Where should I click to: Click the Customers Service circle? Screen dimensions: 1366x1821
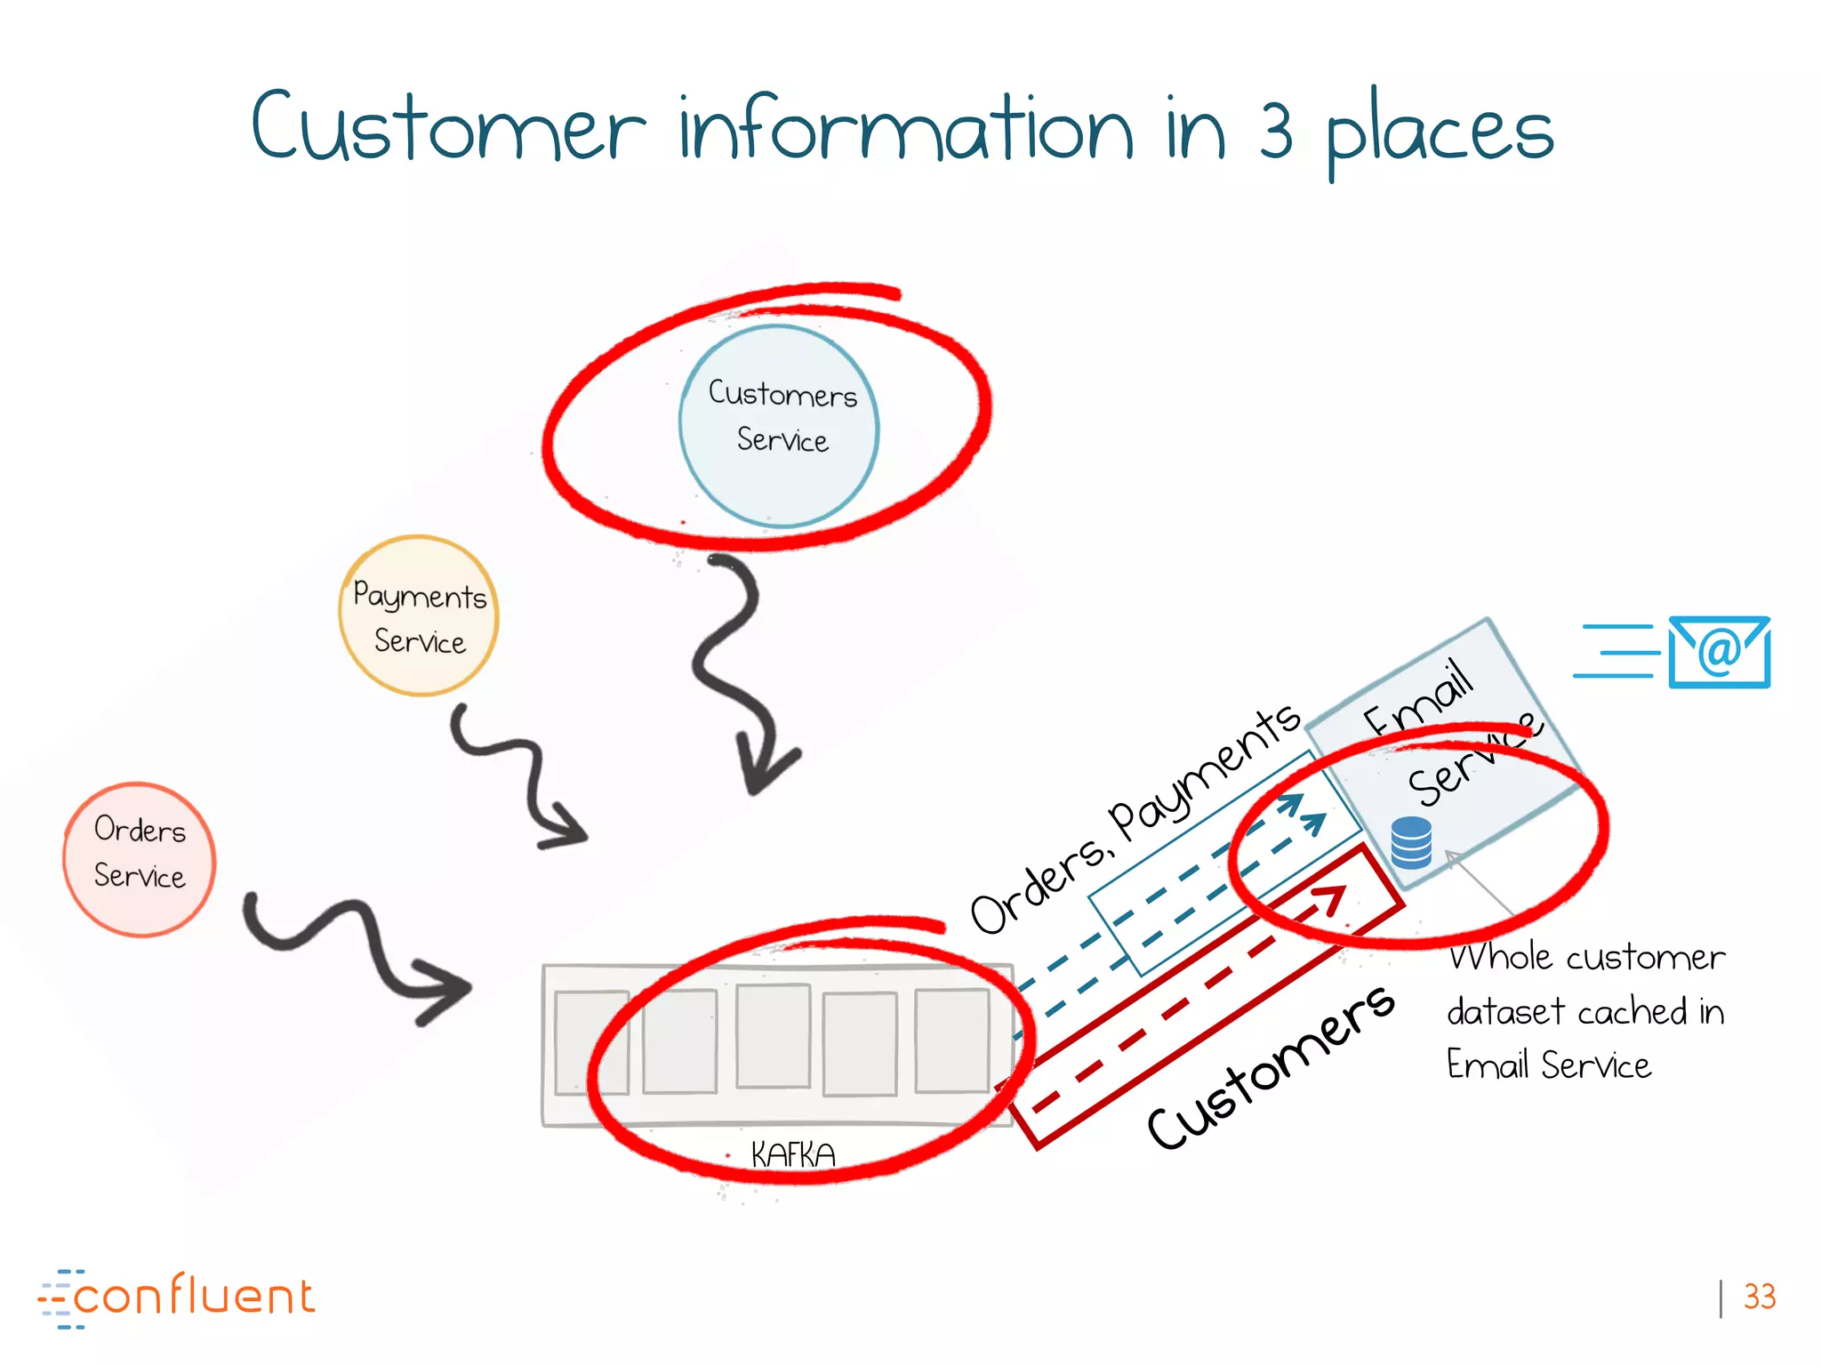[x=779, y=426]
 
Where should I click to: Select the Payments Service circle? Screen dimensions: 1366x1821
[x=419, y=615]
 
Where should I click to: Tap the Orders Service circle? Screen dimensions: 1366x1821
[x=140, y=859]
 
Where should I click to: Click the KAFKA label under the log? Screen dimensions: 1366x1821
[x=793, y=1155]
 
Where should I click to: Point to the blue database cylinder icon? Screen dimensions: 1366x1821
[x=1411, y=842]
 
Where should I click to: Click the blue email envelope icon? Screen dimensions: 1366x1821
[x=1719, y=652]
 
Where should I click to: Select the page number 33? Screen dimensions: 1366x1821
[x=1759, y=1297]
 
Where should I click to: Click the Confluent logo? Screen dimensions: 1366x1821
[x=178, y=1298]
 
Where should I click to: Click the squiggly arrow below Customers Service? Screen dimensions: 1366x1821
[x=734, y=676]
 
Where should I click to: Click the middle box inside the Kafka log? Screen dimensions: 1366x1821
[x=773, y=1036]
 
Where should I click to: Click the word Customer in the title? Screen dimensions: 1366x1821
[x=449, y=129]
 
